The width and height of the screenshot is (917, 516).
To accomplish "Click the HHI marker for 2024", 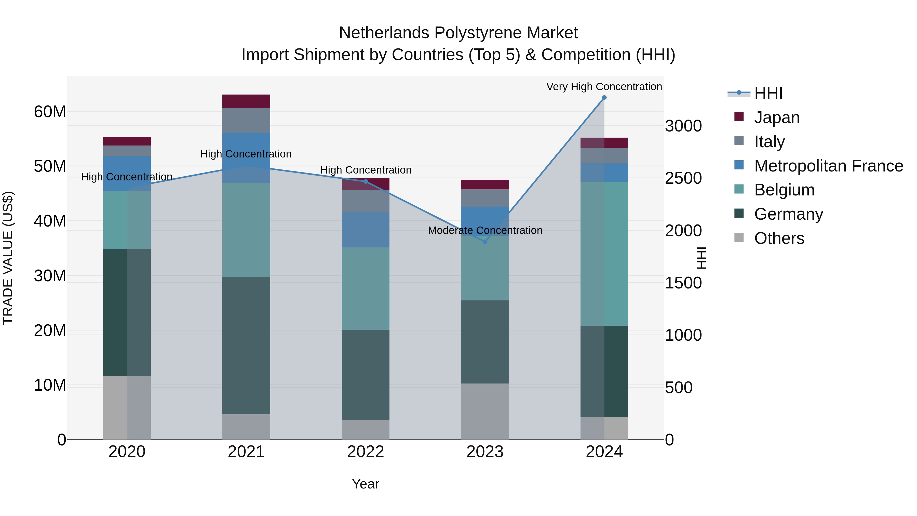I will tap(604, 98).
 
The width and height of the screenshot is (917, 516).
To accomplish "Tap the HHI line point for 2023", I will tap(485, 242).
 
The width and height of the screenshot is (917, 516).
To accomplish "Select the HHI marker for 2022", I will tap(366, 182).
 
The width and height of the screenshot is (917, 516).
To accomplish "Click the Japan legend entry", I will tap(776, 117).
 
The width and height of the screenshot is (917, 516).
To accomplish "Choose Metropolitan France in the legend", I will tap(828, 166).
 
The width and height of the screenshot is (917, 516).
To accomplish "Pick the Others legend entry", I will tap(779, 238).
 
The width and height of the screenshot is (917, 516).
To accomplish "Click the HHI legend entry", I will tap(768, 93).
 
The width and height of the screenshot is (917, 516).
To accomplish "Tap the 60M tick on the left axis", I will tap(50, 112).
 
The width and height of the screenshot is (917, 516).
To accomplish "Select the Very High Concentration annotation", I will tap(604, 87).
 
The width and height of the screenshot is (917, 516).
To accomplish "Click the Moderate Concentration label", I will tap(485, 230).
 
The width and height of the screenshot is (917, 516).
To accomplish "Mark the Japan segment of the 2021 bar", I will tap(246, 101).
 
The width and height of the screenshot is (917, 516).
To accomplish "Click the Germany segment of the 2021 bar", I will tap(246, 346).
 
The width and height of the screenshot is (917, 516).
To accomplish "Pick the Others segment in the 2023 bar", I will tap(485, 411).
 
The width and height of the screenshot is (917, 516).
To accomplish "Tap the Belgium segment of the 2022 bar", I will tap(366, 288).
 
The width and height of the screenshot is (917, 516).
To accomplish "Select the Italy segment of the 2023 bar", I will tap(485, 198).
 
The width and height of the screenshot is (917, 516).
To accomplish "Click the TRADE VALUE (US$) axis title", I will tap(8, 258).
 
